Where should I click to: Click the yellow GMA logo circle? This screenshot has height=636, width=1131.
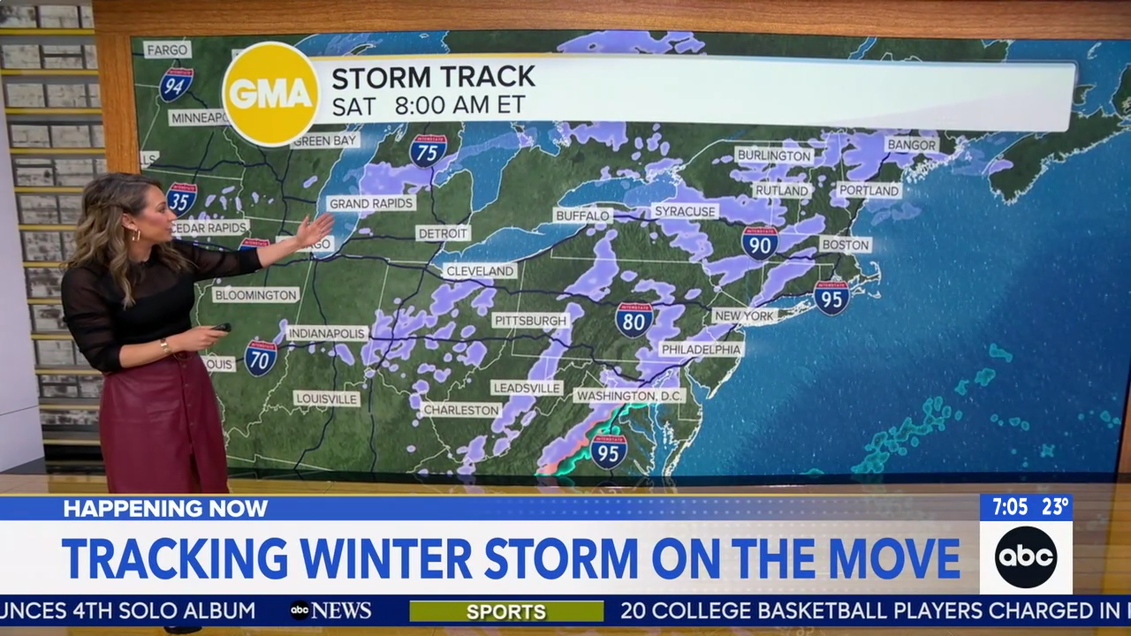269,93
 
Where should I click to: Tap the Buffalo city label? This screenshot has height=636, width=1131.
583,216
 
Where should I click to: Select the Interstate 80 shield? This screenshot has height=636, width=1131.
634,320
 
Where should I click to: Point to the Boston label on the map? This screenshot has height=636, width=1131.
846,245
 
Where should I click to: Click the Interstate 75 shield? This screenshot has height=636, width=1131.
428,150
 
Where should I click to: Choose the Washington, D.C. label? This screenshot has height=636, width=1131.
629,396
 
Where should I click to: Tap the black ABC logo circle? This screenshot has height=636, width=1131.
1025,556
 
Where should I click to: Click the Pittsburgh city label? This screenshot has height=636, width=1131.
531,320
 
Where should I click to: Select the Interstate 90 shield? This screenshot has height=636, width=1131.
760,242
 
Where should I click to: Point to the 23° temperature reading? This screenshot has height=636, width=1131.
1055,507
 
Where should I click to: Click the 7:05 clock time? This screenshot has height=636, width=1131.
1010,507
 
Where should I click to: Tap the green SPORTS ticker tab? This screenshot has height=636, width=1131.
506,611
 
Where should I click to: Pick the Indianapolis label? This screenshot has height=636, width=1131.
327,333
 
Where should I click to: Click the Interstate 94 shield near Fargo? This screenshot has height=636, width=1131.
176,84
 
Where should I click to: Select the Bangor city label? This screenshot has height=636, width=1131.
911,144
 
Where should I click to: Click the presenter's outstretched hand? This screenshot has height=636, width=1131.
315,231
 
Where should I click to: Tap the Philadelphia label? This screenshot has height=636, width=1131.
701,349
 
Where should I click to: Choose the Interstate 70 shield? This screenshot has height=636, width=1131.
261,358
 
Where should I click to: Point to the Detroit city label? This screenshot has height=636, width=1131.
443,233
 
